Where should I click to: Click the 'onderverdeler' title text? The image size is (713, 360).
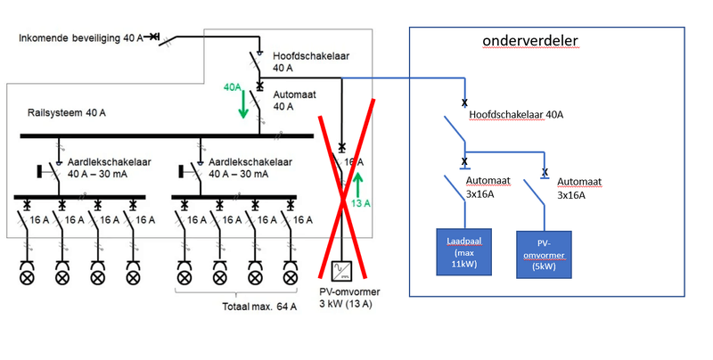point(530,42)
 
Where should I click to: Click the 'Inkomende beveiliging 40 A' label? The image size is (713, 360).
point(81,37)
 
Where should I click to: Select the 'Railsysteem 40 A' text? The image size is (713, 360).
point(66,114)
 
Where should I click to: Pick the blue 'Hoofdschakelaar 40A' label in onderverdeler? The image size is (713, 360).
point(514,115)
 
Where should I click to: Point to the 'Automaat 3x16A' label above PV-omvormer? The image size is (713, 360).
point(579,186)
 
